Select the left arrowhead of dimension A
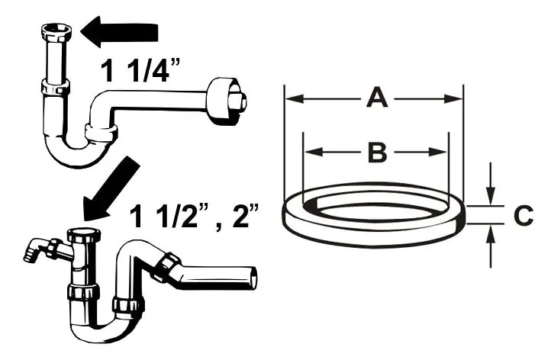295,99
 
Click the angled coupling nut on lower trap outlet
167,267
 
